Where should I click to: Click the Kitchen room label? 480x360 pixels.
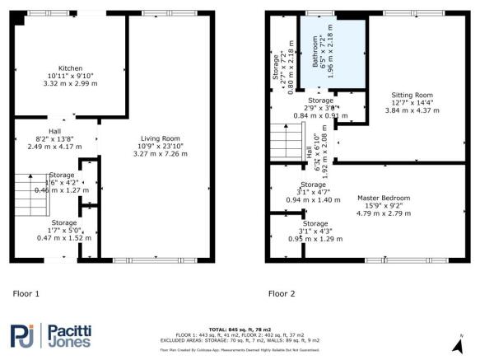pyautogui.click(x=70, y=68)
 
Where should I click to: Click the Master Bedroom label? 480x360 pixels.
pyautogui.click(x=383, y=198)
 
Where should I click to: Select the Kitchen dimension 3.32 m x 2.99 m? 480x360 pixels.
pyautogui.click(x=70, y=84)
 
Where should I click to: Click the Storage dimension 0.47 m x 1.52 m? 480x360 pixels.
pyautogui.click(x=66, y=238)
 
